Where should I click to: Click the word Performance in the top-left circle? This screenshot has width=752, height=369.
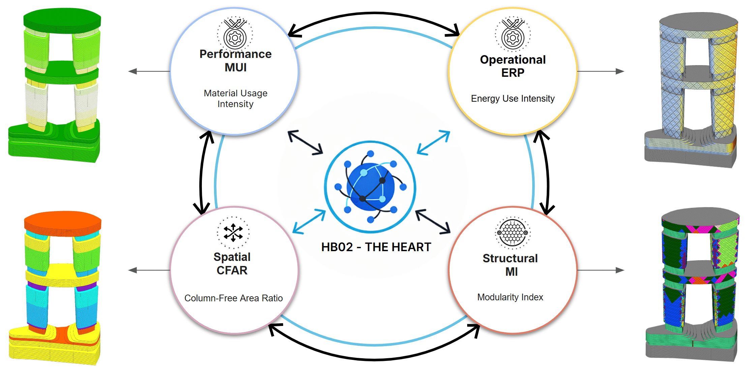tap(235, 54)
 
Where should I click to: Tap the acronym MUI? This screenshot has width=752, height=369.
tap(235, 67)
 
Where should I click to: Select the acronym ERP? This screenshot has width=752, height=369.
tap(512, 73)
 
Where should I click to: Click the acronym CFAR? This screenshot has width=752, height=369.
tap(232, 270)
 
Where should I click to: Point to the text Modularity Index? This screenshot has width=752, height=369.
tap(510, 297)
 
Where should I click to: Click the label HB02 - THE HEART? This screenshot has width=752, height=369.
tap(376, 247)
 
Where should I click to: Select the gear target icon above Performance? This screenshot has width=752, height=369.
tap(235, 34)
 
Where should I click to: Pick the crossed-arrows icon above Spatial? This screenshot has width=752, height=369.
tap(233, 233)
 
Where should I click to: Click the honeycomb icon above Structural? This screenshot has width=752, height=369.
tap(512, 233)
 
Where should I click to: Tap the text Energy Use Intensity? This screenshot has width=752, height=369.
tap(512, 98)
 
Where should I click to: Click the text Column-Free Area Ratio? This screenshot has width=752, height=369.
tap(233, 298)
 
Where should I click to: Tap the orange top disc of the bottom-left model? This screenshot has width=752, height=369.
tap(63, 222)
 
